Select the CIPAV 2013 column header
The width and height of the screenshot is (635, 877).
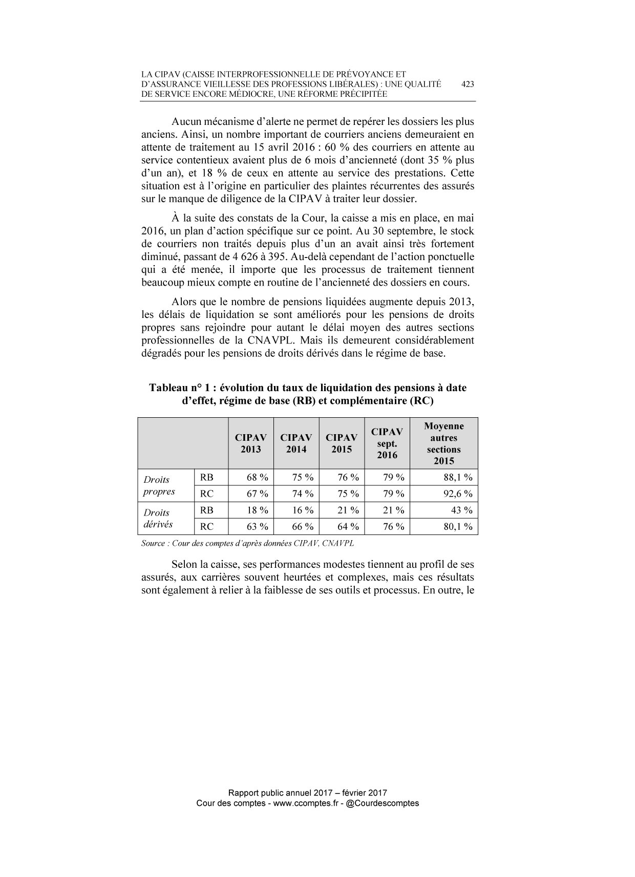tap(251, 443)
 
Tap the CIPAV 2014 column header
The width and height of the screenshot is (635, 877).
tap(297, 443)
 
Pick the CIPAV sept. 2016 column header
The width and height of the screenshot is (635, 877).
tap(387, 443)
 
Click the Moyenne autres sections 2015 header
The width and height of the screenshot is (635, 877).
tap(444, 443)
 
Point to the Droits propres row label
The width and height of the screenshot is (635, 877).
tap(159, 486)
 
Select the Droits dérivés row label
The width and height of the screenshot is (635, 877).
tap(158, 519)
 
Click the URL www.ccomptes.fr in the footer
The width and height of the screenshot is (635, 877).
tap(305, 803)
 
